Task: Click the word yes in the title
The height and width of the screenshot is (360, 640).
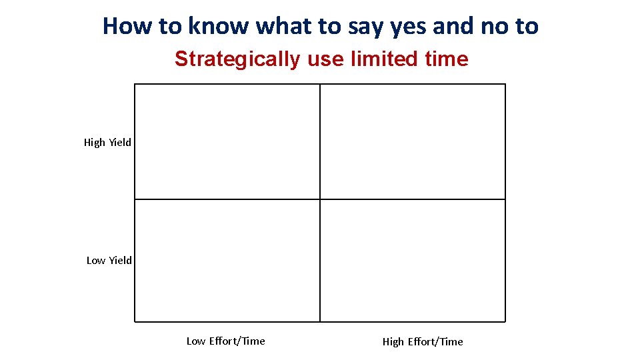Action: click(x=409, y=26)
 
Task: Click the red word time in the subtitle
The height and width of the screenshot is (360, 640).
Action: click(x=446, y=59)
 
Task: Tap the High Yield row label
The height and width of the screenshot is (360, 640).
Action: click(x=107, y=142)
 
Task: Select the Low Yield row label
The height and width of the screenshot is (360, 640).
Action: click(x=109, y=260)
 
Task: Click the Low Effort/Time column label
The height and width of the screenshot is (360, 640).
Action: click(x=225, y=341)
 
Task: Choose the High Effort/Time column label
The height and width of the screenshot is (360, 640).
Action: click(x=423, y=341)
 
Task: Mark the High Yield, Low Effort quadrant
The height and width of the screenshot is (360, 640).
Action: click(x=227, y=141)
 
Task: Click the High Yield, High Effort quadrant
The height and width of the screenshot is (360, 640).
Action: click(x=413, y=141)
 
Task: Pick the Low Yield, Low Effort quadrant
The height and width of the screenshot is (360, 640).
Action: click(x=227, y=261)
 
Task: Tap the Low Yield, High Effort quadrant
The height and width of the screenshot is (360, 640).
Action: click(x=413, y=261)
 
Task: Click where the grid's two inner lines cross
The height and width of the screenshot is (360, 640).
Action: click(x=320, y=199)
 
